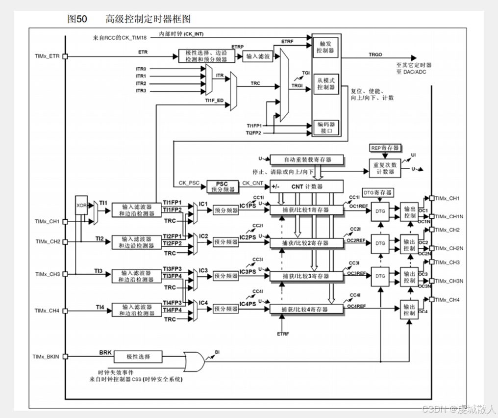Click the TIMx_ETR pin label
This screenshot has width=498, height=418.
click(47, 56)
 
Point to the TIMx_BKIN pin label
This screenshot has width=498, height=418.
click(46, 357)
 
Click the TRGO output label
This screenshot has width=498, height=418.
click(376, 55)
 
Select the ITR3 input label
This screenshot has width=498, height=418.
click(141, 91)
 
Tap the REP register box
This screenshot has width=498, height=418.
click(386, 147)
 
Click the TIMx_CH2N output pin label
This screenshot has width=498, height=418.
click(447, 248)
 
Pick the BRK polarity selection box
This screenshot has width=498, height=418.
click(138, 357)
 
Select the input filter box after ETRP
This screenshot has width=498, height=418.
click(258, 56)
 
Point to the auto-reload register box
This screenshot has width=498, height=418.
click(307, 159)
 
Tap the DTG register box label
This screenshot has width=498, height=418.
click(377, 192)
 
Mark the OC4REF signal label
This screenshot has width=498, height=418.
click(356, 306)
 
